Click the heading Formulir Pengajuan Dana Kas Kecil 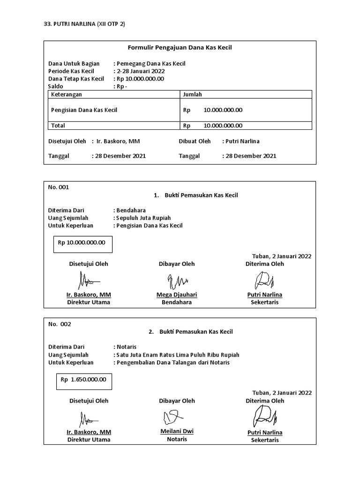[180, 47]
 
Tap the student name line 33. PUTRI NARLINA [84, 24]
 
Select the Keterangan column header [66, 94]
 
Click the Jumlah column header [192, 94]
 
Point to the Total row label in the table [58, 126]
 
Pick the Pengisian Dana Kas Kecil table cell [84, 110]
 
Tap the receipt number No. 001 [59, 187]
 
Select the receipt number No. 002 [60, 324]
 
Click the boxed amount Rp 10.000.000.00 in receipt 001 [82, 243]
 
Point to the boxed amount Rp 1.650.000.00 [83, 380]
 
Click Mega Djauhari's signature [177, 281]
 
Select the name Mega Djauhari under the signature [177, 295]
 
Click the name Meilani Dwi [177, 431]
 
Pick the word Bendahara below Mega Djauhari [177, 302]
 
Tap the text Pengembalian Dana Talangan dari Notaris [173, 362]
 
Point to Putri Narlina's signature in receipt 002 [264, 416]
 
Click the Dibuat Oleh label [195, 141]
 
